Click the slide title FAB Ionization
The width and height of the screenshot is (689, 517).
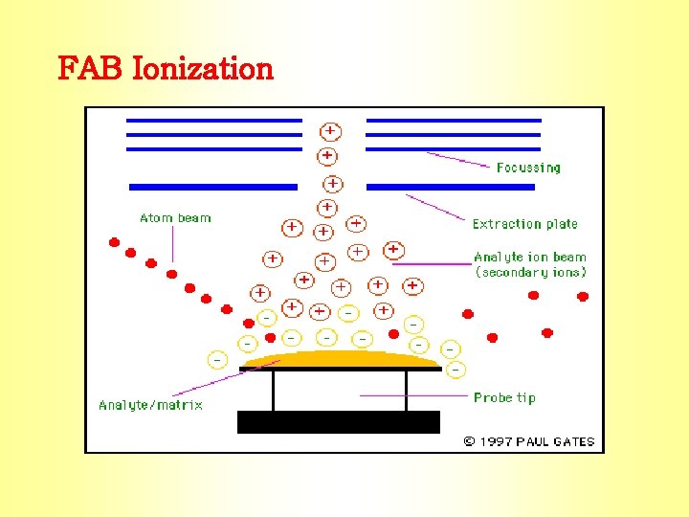pyautogui.click(x=166, y=69)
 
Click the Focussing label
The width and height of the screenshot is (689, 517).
pyautogui.click(x=528, y=168)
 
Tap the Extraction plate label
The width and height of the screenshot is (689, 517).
pyautogui.click(x=524, y=224)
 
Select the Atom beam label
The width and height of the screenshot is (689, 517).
pyautogui.click(x=175, y=218)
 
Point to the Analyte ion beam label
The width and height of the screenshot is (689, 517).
pyautogui.click(x=530, y=257)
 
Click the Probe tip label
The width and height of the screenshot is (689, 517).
pyautogui.click(x=504, y=397)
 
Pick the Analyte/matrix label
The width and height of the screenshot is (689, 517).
pyautogui.click(x=150, y=405)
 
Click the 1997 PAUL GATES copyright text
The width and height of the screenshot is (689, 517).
pyautogui.click(x=529, y=441)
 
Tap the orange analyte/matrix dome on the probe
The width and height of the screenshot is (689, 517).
pyautogui.click(x=340, y=359)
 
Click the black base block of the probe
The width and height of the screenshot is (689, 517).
pyautogui.click(x=338, y=422)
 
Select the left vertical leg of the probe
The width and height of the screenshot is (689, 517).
pyautogui.click(x=274, y=391)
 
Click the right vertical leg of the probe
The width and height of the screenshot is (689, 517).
pyautogui.click(x=406, y=391)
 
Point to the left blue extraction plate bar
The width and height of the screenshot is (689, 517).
pyautogui.click(x=213, y=187)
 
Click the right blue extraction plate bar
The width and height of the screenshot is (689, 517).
pyautogui.click(x=451, y=187)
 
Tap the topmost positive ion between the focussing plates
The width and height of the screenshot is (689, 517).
pyautogui.click(x=330, y=130)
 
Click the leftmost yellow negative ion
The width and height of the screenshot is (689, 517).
pyautogui.click(x=217, y=360)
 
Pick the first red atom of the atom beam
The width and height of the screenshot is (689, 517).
pyautogui.click(x=115, y=242)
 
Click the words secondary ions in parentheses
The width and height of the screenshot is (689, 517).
pyautogui.click(x=531, y=272)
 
